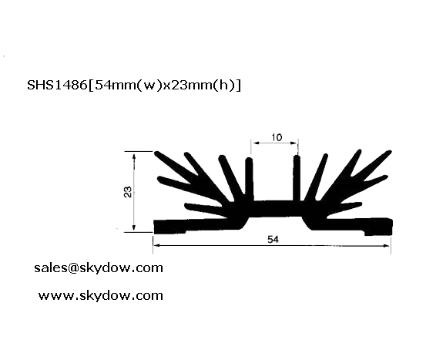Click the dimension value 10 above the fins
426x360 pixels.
point(277,137)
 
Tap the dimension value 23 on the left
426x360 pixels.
point(128,192)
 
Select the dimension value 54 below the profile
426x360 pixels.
point(273,239)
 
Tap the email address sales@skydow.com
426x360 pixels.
point(99,268)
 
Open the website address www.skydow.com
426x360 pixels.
point(101,295)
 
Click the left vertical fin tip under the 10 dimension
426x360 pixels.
point(249,159)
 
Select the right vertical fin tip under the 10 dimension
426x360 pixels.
point(297,157)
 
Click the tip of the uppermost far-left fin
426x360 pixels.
point(156,153)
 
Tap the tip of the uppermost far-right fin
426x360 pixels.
point(389,152)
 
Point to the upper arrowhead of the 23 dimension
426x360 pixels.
point(134,156)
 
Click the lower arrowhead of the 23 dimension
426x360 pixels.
point(134,228)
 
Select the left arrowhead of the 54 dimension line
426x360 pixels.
point(156,246)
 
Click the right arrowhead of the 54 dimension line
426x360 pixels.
point(387,246)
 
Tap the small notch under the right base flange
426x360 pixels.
point(370,234)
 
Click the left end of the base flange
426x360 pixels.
point(155,227)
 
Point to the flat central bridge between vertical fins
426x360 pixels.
point(273,209)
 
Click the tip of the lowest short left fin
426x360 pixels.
point(186,206)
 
